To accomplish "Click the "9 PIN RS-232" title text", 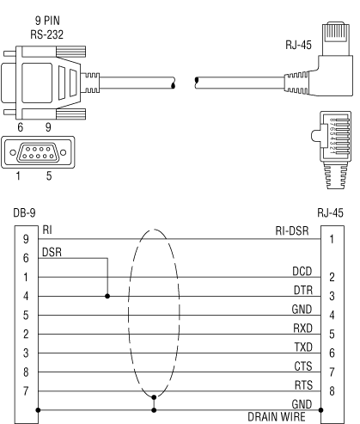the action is [47, 28].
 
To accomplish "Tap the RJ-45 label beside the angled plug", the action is [298, 45].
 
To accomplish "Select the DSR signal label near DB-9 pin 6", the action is [52, 252].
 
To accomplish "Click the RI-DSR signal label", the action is [292, 230].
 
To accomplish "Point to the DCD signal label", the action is [302, 271].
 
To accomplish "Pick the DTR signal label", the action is [303, 291].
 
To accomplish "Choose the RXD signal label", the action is [302, 329].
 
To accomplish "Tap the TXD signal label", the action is [303, 347].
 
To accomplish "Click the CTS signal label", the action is [303, 366].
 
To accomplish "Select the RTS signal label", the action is [303, 385].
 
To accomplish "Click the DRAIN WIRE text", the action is [277, 417].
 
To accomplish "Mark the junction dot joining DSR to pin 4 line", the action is [107, 296].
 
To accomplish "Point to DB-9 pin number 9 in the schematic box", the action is [26, 239].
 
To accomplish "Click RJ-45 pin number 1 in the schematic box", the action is [332, 239].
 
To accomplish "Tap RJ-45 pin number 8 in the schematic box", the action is [332, 390].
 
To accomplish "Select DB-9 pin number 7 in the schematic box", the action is [26, 390].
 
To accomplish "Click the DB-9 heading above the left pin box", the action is [24, 213].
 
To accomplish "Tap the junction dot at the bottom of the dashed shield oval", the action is [154, 397].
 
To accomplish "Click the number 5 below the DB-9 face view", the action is [49, 175].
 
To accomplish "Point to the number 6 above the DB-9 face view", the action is [20, 127].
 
